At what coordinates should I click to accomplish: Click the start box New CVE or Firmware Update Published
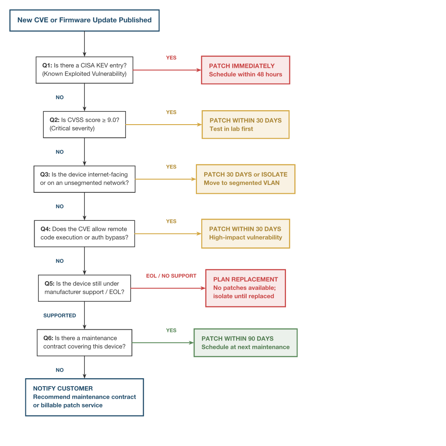[84, 20]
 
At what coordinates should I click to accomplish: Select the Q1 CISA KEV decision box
[84, 70]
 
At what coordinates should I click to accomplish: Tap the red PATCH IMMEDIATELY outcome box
[245, 70]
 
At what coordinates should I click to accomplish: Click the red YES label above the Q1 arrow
[171, 58]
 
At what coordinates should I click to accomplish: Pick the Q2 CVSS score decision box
[84, 124]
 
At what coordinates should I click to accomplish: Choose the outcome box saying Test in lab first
[245, 125]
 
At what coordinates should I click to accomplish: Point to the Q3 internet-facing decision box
[84, 179]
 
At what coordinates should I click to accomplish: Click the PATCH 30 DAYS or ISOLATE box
[245, 179]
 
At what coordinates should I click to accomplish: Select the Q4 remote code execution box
[84, 233]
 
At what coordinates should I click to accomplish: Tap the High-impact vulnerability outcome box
[245, 233]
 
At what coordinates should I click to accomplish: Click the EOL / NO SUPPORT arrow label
[171, 276]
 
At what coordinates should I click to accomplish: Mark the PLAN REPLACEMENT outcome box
[245, 288]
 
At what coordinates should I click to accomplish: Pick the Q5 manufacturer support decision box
[84, 288]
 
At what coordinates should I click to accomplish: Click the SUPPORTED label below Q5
[59, 315]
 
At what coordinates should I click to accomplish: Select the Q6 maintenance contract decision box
[84, 342]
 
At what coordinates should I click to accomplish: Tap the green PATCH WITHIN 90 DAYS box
[245, 343]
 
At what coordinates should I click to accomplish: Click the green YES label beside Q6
[171, 331]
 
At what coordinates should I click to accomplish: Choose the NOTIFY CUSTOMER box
[84, 397]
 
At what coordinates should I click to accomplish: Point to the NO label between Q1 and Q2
[59, 98]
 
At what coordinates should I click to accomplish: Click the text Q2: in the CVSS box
[54, 120]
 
